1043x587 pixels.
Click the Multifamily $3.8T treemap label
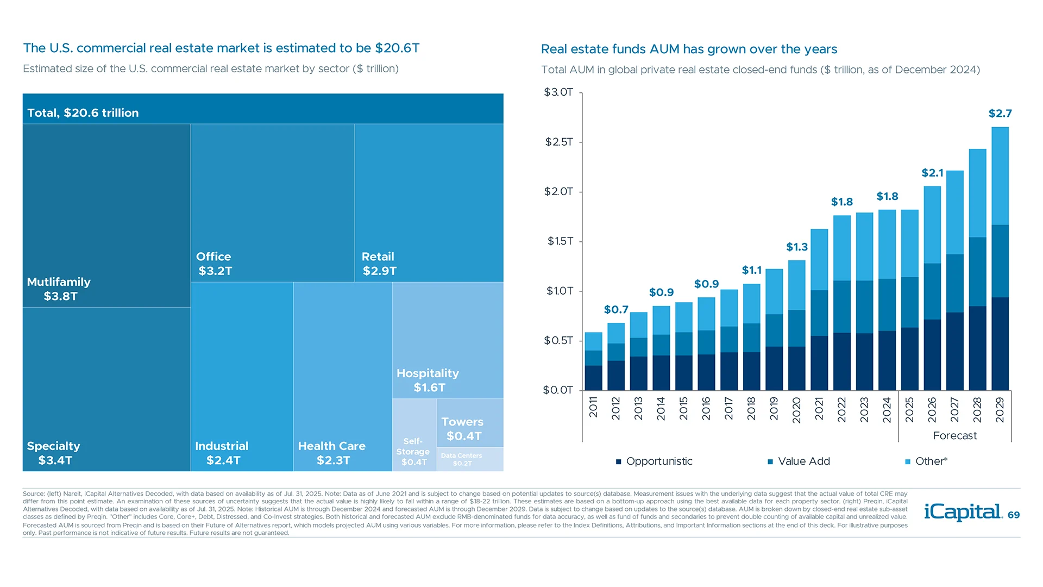pos(59,289)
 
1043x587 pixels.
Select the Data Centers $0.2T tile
pos(462,459)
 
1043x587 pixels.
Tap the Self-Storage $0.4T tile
pos(413,451)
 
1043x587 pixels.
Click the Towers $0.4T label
pos(463,429)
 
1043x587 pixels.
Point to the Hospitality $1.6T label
pos(428,380)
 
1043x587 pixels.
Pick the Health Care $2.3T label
pos(332,453)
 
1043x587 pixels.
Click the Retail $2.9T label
pos(379,264)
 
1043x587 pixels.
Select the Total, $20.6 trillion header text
pos(83,113)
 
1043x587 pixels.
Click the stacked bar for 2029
pos(1000,259)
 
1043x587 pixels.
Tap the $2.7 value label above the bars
pos(1000,114)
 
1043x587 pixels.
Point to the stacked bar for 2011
pos(593,361)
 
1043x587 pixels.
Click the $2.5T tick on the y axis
pos(559,142)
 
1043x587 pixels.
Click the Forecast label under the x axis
pos(954,436)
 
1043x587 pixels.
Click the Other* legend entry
pos(926,461)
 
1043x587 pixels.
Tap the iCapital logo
pos(963,512)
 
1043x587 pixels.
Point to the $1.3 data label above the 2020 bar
pos(797,247)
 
